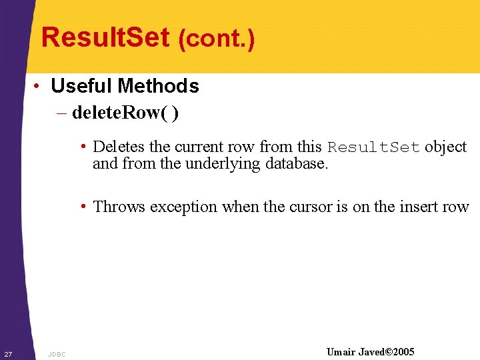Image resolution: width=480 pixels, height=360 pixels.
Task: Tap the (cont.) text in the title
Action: (216, 39)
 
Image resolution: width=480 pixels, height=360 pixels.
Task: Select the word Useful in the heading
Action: (81, 86)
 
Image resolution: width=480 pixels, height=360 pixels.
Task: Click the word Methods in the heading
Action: (158, 86)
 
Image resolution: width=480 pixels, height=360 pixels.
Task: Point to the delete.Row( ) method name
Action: (125, 113)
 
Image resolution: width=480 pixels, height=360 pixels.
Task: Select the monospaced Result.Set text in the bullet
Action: (373, 147)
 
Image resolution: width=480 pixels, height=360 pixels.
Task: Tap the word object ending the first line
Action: (446, 147)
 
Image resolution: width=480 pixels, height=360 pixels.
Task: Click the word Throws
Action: (119, 207)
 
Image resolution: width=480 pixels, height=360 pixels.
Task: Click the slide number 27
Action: (7, 353)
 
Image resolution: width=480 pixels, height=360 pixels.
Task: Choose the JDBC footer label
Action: (57, 354)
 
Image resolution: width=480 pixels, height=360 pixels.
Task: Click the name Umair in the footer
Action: (341, 352)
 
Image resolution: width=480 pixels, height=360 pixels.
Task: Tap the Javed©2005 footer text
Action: (386, 352)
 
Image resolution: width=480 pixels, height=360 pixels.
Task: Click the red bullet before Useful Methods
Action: (39, 87)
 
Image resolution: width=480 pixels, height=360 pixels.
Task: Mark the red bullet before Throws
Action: (84, 207)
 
